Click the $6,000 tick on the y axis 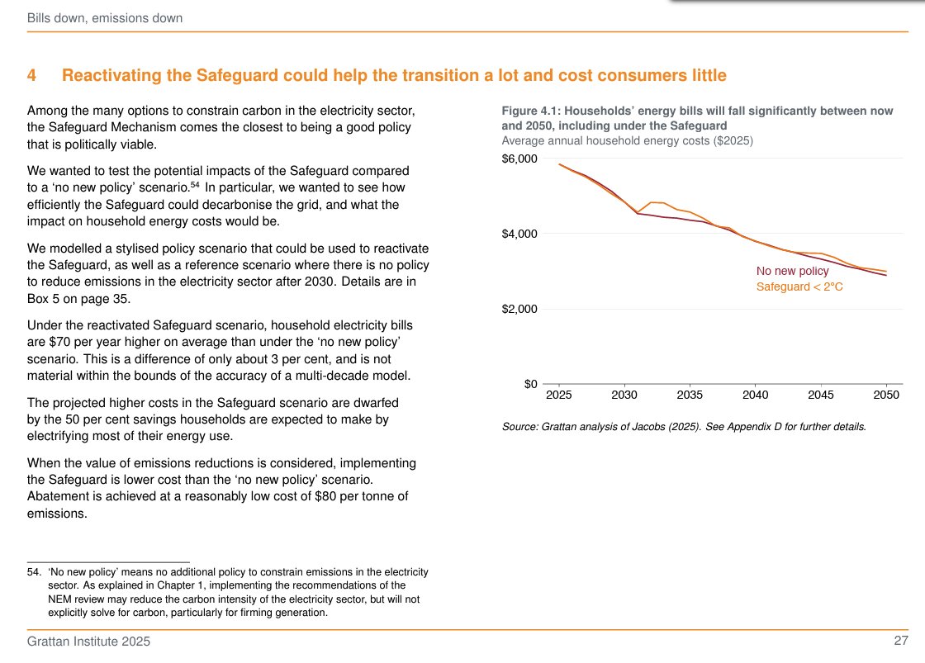[x=519, y=159]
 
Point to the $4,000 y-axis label [x=519, y=234]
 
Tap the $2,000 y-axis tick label [x=519, y=310]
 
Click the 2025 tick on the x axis [x=559, y=395]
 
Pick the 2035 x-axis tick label [x=690, y=395]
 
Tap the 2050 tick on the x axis [x=886, y=395]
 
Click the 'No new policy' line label [x=792, y=271]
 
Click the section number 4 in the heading [x=31, y=76]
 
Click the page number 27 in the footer [x=901, y=642]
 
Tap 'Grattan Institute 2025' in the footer [x=89, y=642]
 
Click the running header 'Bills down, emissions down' [x=105, y=18]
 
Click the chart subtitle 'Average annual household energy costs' [x=610, y=140]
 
